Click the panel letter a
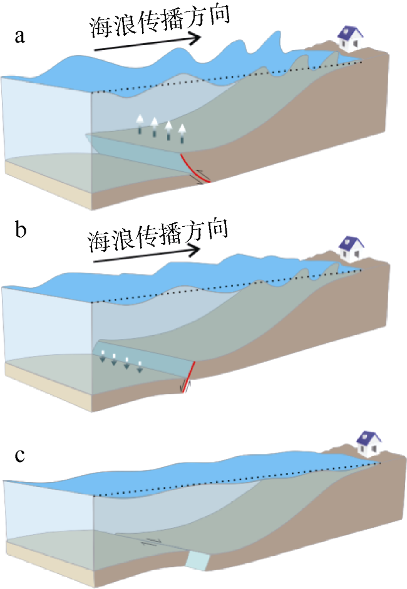(20, 36)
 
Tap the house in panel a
(350, 38)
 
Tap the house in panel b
(351, 249)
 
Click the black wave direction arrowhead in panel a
(194, 38)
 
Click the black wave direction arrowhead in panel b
(193, 250)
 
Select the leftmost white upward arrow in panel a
(140, 124)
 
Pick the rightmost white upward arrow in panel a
(182, 133)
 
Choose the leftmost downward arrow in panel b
(102, 356)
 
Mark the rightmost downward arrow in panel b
(140, 367)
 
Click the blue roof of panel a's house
(349, 33)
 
